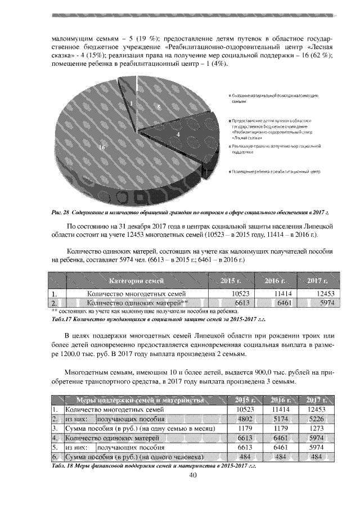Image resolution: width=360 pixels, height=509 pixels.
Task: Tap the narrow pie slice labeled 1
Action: (x=131, y=104)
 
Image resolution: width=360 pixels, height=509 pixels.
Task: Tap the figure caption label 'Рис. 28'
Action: (x=60, y=212)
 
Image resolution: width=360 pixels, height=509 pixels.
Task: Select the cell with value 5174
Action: (x=279, y=419)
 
